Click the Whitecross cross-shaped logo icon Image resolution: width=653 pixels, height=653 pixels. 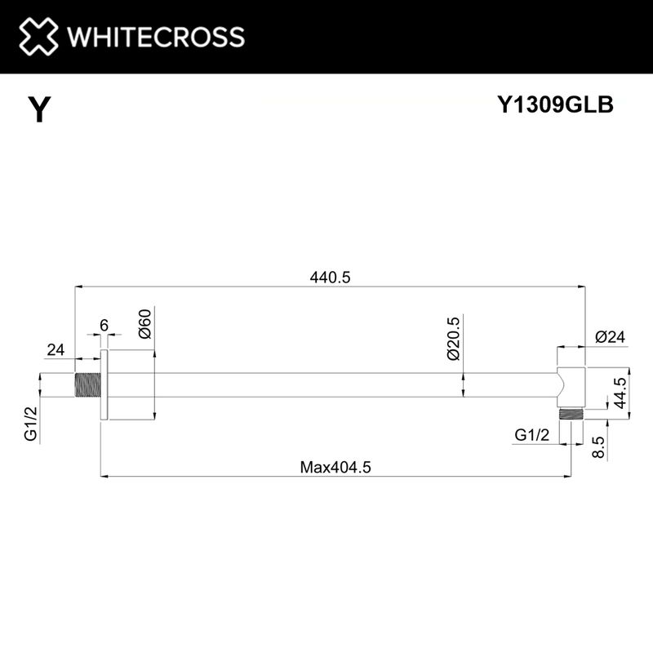(39, 37)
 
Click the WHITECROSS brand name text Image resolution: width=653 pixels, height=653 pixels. (154, 37)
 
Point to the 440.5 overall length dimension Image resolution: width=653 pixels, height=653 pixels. (330, 277)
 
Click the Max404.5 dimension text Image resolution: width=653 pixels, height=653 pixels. (335, 468)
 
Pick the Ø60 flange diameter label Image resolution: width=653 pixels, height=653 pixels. (144, 324)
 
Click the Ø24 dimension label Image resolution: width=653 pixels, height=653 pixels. (610, 335)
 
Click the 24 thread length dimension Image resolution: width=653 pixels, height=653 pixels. (55, 349)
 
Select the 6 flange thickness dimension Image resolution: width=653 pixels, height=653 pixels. (104, 325)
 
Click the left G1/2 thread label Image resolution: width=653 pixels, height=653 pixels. (30, 425)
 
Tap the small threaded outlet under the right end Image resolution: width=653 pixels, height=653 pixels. (571, 413)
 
